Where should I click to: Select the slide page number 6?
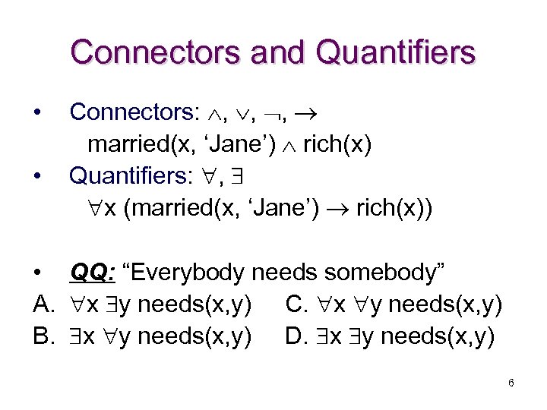pyautogui.click(x=511, y=383)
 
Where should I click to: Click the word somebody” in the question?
pyautogui.click(x=394, y=272)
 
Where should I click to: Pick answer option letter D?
pyautogui.click(x=296, y=335)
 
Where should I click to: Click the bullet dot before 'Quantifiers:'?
pyautogui.click(x=37, y=175)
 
